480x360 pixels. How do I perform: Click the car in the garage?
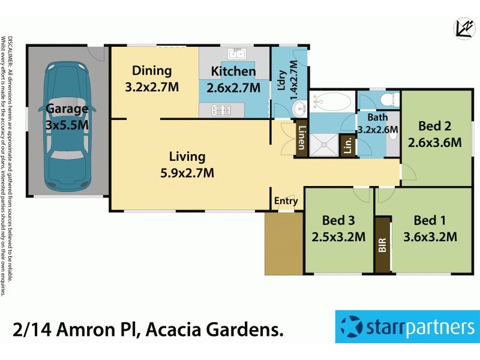(67, 120)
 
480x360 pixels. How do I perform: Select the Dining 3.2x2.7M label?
(152, 79)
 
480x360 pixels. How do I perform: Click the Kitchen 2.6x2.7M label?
(233, 80)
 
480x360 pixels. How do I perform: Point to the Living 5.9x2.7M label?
(187, 165)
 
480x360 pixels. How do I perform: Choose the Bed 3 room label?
(338, 228)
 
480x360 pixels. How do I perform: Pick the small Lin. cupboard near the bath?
(347, 145)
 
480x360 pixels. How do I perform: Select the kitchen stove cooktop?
(223, 110)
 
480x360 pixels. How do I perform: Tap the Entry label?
(286, 201)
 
